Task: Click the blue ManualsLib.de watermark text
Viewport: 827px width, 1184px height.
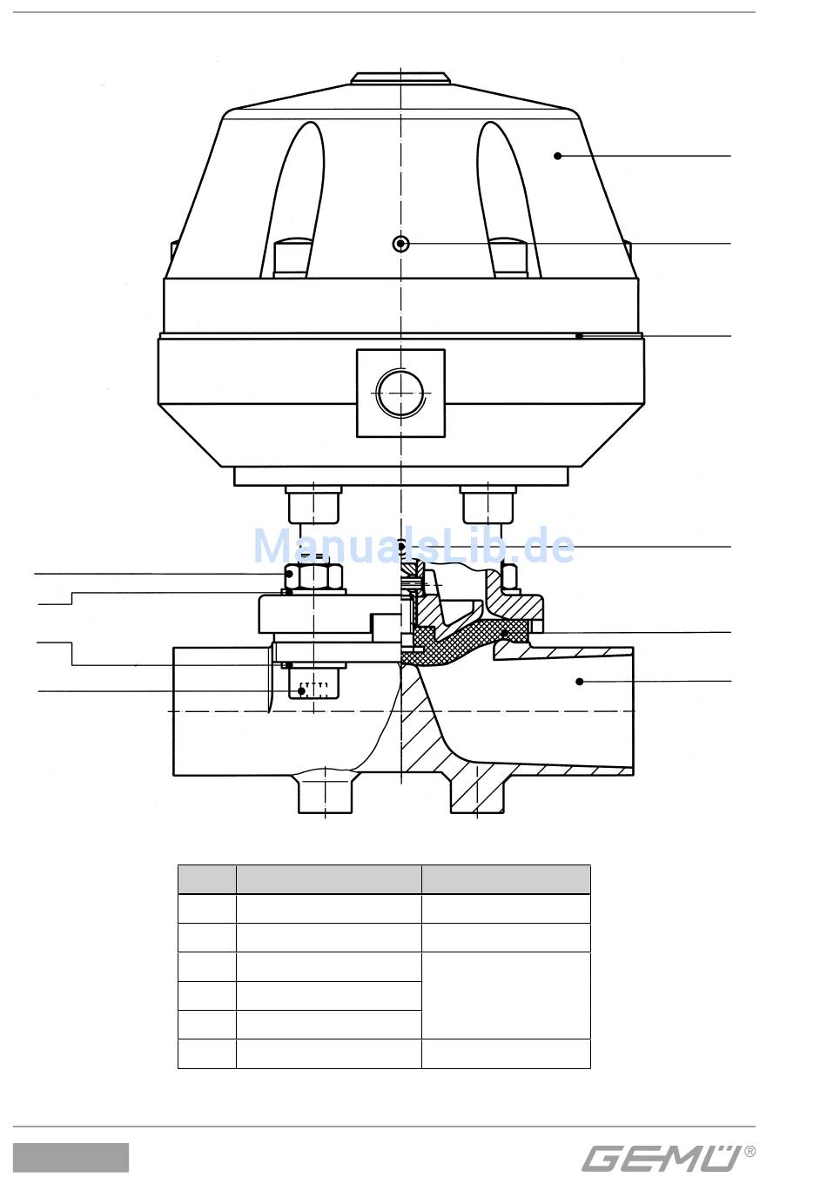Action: click(413, 547)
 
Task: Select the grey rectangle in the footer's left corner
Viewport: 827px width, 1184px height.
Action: click(71, 1158)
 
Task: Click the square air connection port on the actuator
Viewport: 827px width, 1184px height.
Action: click(400, 393)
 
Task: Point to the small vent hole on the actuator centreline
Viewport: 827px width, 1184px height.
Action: click(401, 243)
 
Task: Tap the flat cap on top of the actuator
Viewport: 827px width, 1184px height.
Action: click(400, 77)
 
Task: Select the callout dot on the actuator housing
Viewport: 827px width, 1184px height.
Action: click(557, 156)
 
